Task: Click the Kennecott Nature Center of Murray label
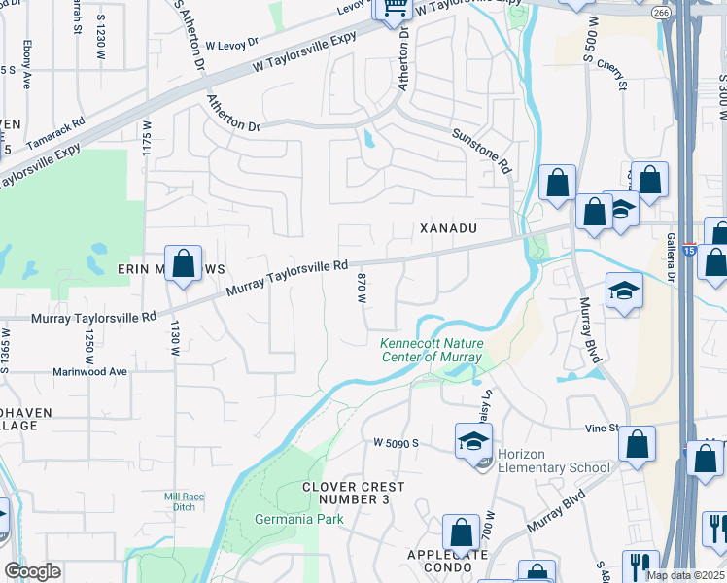click(431, 350)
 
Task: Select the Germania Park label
click(286, 519)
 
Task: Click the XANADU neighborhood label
click(448, 227)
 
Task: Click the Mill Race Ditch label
click(181, 501)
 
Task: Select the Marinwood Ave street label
click(91, 371)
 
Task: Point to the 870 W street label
click(361, 288)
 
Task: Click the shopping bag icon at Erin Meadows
click(183, 263)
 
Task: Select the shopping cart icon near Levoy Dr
click(395, 8)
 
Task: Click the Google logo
click(32, 571)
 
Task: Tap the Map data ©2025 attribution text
click(686, 575)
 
